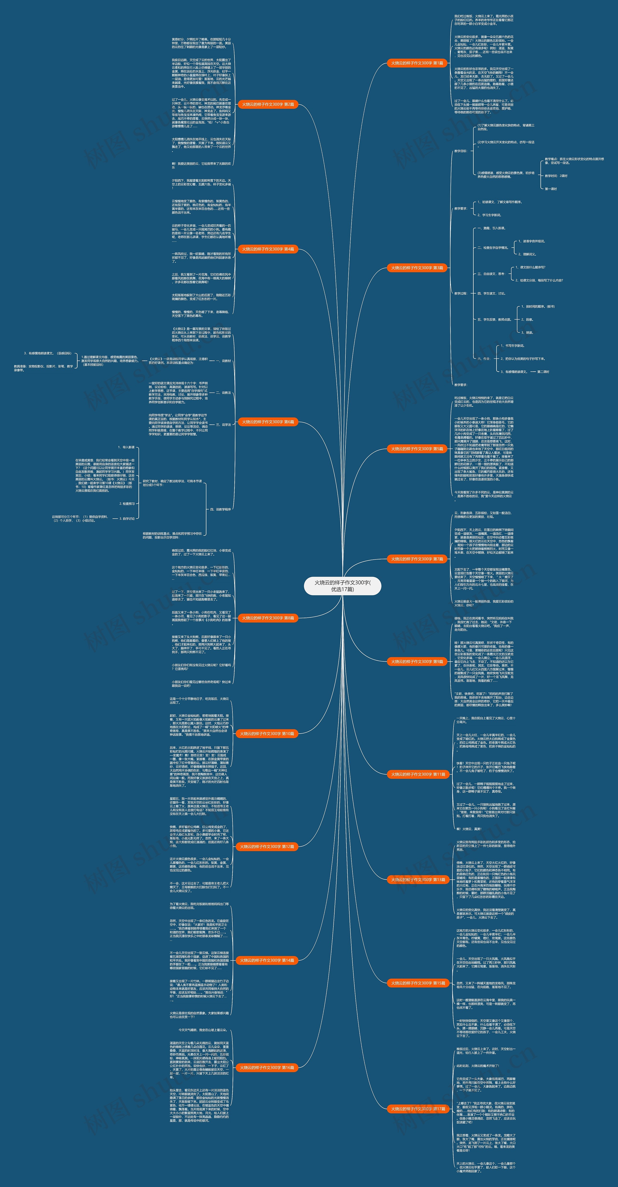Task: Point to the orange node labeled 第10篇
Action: (267, 733)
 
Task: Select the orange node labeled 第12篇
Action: (267, 846)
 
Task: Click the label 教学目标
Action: (461, 151)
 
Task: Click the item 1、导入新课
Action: (126, 447)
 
